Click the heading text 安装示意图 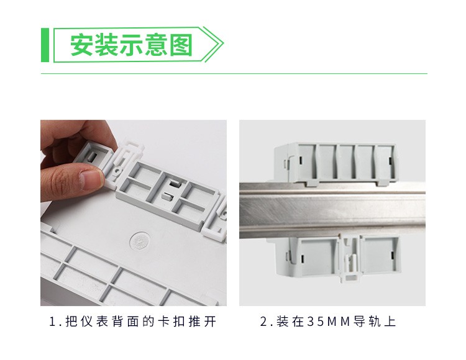(131, 45)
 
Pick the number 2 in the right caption (263, 322)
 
